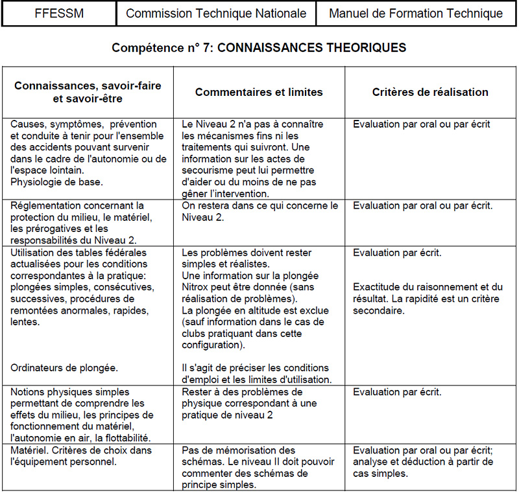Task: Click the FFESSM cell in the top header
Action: click(x=59, y=13)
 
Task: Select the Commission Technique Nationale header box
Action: click(x=216, y=13)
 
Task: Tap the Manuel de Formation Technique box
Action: click(x=416, y=13)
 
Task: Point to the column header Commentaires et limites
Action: click(x=259, y=92)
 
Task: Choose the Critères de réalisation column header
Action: click(x=430, y=92)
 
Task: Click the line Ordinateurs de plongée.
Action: click(x=64, y=367)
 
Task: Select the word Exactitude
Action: click(x=377, y=287)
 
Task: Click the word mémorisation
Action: click(x=242, y=450)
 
